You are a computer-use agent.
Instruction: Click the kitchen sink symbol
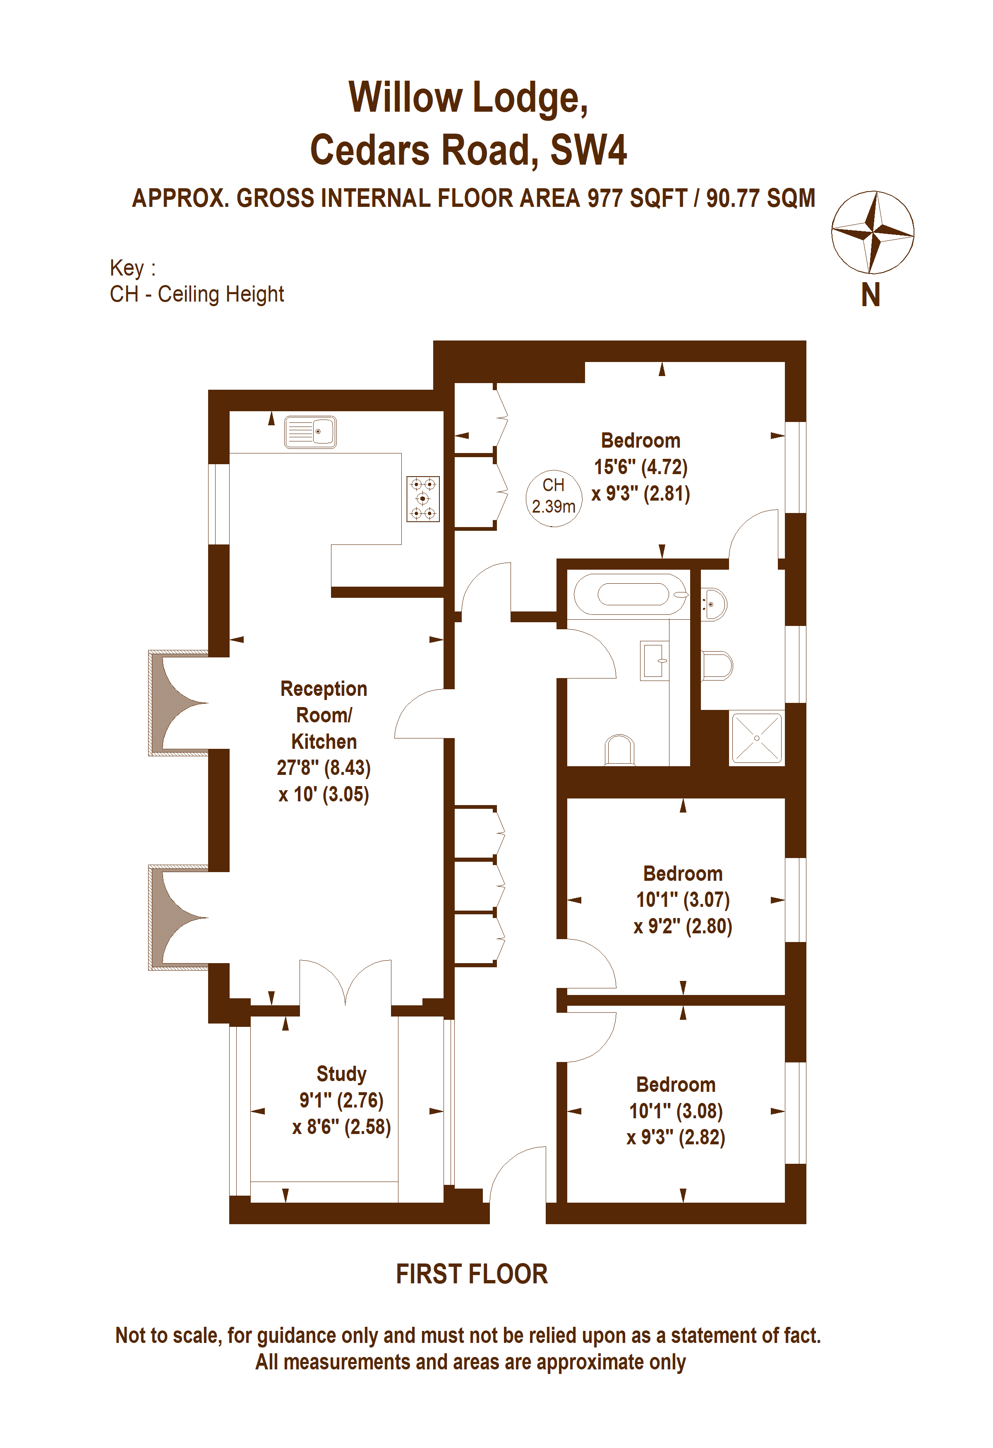click(310, 432)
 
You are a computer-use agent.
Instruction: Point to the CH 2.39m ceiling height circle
click(553, 496)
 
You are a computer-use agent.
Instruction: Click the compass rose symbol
click(873, 233)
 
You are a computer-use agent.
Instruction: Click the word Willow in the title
click(405, 97)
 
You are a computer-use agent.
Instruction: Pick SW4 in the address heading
click(589, 150)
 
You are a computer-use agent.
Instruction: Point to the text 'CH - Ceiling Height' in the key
click(197, 294)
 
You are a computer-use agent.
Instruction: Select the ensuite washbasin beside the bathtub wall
click(713, 604)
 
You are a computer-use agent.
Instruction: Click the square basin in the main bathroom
click(655, 661)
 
